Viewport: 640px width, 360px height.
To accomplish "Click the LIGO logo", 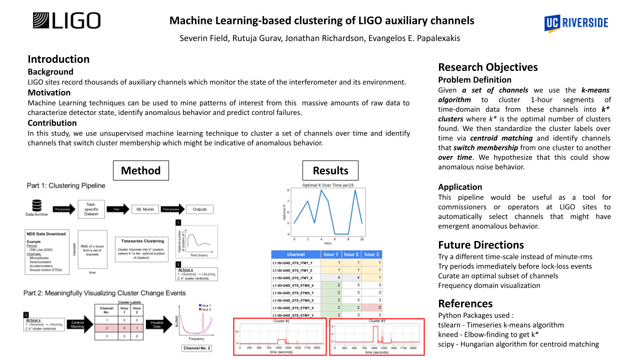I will pyautogui.click(x=66, y=21).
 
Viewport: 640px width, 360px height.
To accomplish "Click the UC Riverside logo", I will pyautogui.click(x=576, y=22).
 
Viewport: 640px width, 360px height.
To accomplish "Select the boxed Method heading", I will pyautogui.click(x=141, y=170).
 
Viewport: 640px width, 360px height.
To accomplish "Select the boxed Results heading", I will pyautogui.click(x=330, y=170).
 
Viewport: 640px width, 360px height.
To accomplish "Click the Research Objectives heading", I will pyautogui.click(x=488, y=67).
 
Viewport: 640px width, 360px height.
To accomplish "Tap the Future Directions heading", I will pyautogui.click(x=481, y=244).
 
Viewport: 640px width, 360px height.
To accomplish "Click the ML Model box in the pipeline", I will pyautogui.click(x=145, y=209).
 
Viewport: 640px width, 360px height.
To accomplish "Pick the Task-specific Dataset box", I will pyautogui.click(x=91, y=209).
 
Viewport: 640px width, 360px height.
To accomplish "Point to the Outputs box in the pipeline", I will pyautogui.click(x=199, y=209).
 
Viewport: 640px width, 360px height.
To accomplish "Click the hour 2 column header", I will pyautogui.click(x=351, y=254).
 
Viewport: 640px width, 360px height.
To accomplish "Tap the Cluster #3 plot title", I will pyautogui.click(x=376, y=320).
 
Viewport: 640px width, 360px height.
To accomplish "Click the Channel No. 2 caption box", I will pyautogui.click(x=197, y=348).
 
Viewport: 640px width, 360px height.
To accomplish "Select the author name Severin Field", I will pyautogui.click(x=204, y=38).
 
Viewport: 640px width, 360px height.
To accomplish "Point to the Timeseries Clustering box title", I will pyautogui.click(x=139, y=240).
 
